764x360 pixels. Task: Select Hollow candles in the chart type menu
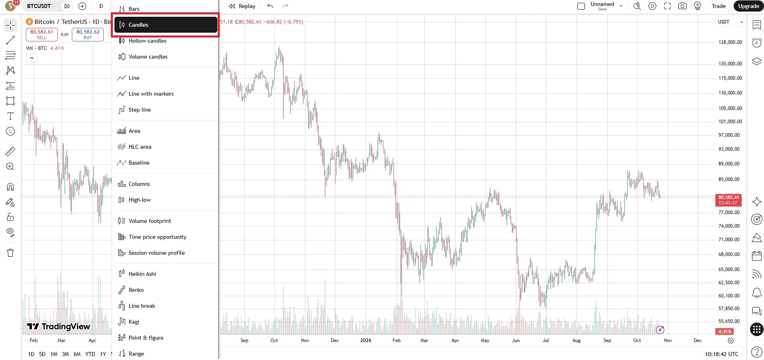[147, 41]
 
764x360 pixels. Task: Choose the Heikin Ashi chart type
[142, 274]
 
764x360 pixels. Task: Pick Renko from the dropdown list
[136, 290]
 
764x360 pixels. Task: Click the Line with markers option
[151, 94]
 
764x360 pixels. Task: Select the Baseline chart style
[139, 163]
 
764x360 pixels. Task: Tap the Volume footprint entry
[150, 221]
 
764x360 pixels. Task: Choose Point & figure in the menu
[146, 338]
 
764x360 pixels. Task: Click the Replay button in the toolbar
[242, 6]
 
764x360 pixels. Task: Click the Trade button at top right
[719, 6]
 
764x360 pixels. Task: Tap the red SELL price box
[42, 34]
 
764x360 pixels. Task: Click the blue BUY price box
[88, 34]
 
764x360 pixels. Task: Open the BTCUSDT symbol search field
[39, 6]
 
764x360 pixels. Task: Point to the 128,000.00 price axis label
[730, 42]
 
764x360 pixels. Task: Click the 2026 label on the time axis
[366, 340]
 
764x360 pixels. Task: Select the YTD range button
[90, 354]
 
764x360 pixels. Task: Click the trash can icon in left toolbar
[10, 253]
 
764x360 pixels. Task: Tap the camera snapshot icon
[682, 6]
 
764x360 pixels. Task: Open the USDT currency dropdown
[730, 22]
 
